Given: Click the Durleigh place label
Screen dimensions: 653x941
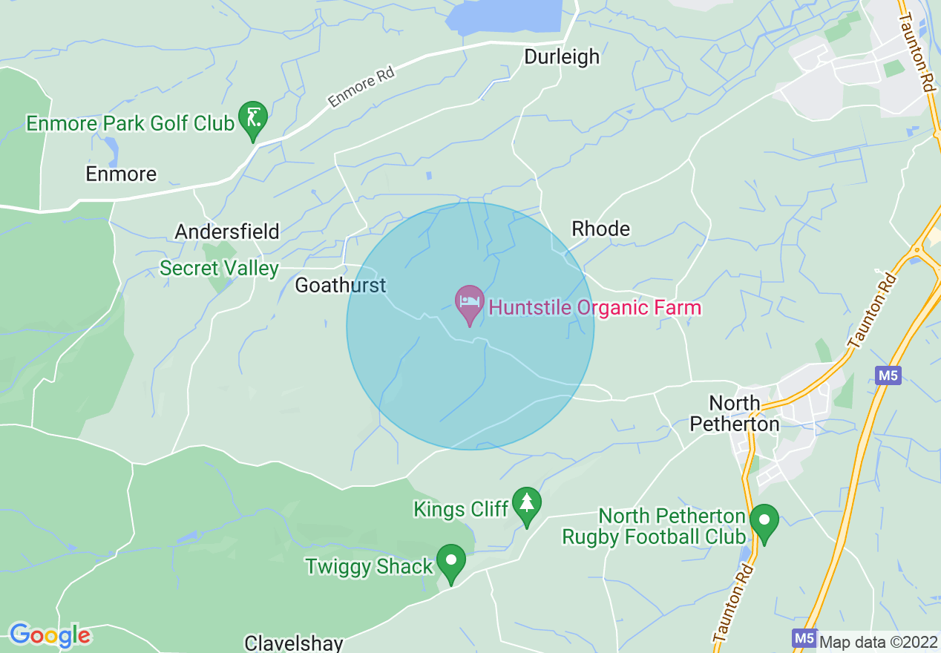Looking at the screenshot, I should (562, 56).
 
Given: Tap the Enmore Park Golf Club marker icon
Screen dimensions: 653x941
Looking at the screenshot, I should (253, 119).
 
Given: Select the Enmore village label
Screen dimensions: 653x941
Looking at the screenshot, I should (121, 174).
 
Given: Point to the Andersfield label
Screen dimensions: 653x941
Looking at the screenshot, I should (227, 232).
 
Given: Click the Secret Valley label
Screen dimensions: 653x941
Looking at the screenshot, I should (219, 268).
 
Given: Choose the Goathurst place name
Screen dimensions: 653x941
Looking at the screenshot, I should (341, 285).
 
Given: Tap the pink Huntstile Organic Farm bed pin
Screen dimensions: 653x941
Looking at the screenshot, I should (470, 303).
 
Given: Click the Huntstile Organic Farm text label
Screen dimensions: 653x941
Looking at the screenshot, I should (594, 307).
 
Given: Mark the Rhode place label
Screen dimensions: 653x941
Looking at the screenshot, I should (600, 229).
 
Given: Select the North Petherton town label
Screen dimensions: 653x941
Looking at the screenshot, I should (735, 413).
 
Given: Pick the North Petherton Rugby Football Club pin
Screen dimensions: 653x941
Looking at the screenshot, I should (764, 522).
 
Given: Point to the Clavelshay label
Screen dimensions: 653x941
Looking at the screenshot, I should (294, 643).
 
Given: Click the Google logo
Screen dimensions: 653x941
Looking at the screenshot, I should (50, 636).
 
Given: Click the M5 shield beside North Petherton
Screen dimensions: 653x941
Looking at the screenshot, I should (888, 375).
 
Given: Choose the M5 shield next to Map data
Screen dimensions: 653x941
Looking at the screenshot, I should (803, 638).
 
